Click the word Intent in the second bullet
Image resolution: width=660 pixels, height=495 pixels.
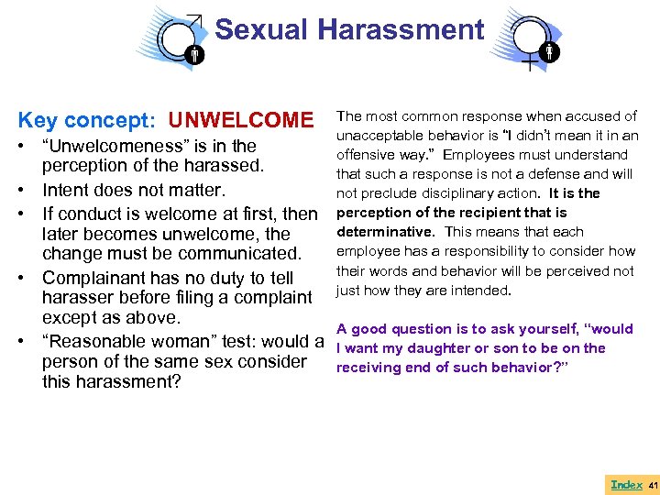tap(69, 191)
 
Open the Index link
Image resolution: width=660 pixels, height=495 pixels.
tap(626, 484)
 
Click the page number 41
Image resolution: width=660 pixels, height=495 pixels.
tap(653, 484)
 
